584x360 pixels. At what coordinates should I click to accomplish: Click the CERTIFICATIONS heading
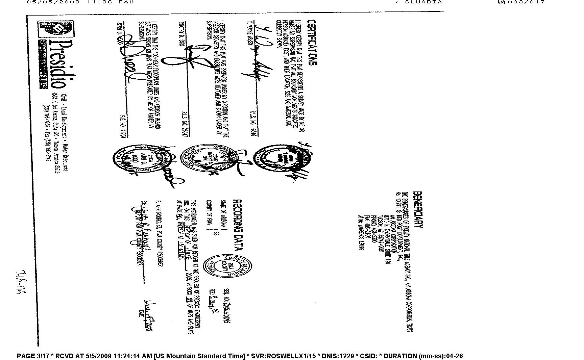(312, 42)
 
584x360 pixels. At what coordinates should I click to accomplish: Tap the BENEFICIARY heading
(418, 210)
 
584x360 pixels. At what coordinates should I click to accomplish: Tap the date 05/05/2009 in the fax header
(53, 2)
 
